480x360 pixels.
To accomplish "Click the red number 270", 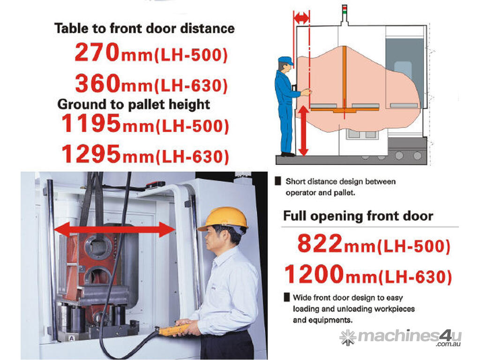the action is (x=97, y=52).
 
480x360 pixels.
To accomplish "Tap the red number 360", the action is (x=98, y=83).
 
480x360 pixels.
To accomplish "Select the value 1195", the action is (x=91, y=123).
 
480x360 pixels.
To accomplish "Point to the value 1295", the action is (x=91, y=154).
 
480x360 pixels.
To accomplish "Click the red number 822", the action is (x=320, y=243).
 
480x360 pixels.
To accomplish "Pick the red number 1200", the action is (x=315, y=274).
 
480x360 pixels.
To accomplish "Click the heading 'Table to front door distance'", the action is (x=144, y=29).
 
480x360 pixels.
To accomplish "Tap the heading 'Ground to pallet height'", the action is (x=134, y=105).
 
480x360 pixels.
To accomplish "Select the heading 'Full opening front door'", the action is (x=358, y=216).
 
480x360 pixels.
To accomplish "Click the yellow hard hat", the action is (x=223, y=218).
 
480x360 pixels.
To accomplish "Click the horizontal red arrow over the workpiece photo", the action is (x=115, y=230).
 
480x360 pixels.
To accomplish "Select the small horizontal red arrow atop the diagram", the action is (x=301, y=18).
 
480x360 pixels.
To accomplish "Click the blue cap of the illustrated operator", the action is (x=286, y=60).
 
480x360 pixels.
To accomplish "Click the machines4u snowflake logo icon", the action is (x=347, y=337).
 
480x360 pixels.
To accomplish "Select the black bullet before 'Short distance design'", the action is (x=278, y=181).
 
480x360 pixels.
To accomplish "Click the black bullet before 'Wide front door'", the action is (x=287, y=297).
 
